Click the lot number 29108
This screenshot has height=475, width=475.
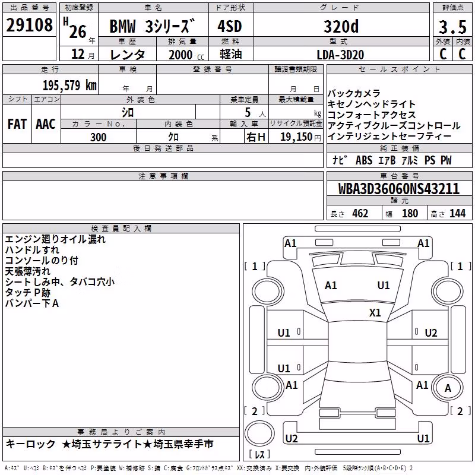coord(29,25)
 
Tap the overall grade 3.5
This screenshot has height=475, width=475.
coord(452,27)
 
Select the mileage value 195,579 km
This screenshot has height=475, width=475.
coord(69,85)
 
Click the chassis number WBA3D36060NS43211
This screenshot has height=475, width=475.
coord(398,189)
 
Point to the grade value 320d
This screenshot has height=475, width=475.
coord(341,26)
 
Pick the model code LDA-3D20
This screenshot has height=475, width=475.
coord(340,55)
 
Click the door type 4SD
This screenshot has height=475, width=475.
coord(230,26)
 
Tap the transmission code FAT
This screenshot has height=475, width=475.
coord(17,124)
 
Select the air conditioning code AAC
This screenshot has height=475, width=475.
coord(46,124)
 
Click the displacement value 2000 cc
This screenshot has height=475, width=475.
coord(186,55)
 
